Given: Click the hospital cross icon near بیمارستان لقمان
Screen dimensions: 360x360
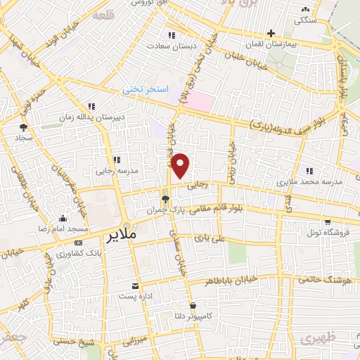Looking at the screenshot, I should point(271,33).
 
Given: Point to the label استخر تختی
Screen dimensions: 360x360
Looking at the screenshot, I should point(146,89).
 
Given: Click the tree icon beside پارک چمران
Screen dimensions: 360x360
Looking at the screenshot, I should point(165,200).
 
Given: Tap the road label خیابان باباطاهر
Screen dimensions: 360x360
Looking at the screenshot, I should point(232,280).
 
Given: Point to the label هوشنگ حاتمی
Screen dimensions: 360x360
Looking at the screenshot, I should point(324,279).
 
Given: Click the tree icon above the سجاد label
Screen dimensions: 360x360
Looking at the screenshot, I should point(23,127).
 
